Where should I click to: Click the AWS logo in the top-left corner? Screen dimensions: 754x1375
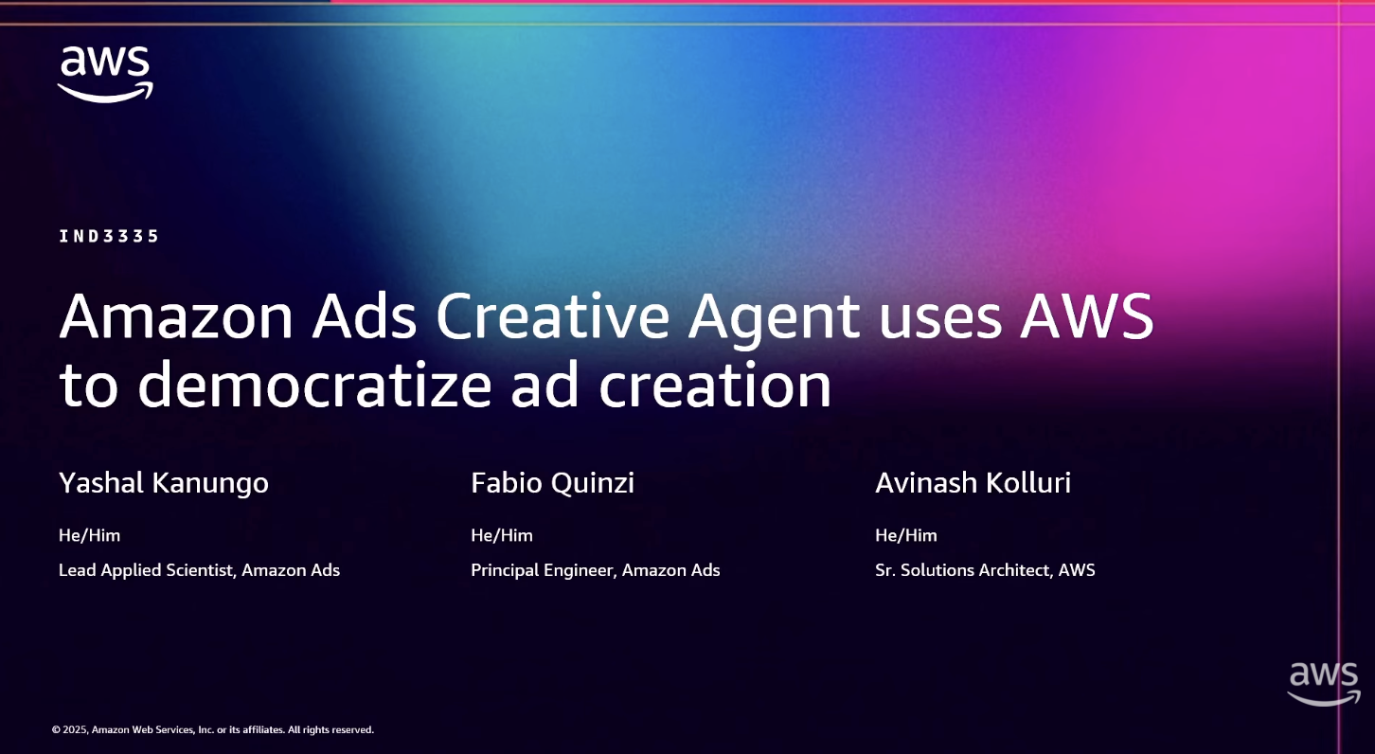click(105, 73)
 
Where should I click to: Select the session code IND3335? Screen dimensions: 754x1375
click(109, 236)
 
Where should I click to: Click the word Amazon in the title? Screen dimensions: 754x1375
click(176, 316)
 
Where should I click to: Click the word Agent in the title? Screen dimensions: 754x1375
click(774, 318)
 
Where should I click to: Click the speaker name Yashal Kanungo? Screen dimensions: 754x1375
click(164, 483)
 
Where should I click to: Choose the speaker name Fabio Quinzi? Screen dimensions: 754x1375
click(552, 483)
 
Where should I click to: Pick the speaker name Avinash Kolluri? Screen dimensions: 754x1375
click(973, 483)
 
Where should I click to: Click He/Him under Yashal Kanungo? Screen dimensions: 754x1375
click(89, 535)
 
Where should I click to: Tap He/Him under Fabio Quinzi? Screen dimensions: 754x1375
click(502, 535)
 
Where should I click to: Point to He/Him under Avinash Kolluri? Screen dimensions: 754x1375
click(906, 535)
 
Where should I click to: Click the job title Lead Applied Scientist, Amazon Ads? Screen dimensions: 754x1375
click(199, 570)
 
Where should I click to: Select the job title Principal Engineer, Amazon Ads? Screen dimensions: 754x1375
click(595, 570)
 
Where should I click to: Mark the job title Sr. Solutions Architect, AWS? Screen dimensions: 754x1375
click(985, 570)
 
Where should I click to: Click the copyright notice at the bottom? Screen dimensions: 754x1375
click(213, 729)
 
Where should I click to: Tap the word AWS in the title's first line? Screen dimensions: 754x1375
click(1087, 316)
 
